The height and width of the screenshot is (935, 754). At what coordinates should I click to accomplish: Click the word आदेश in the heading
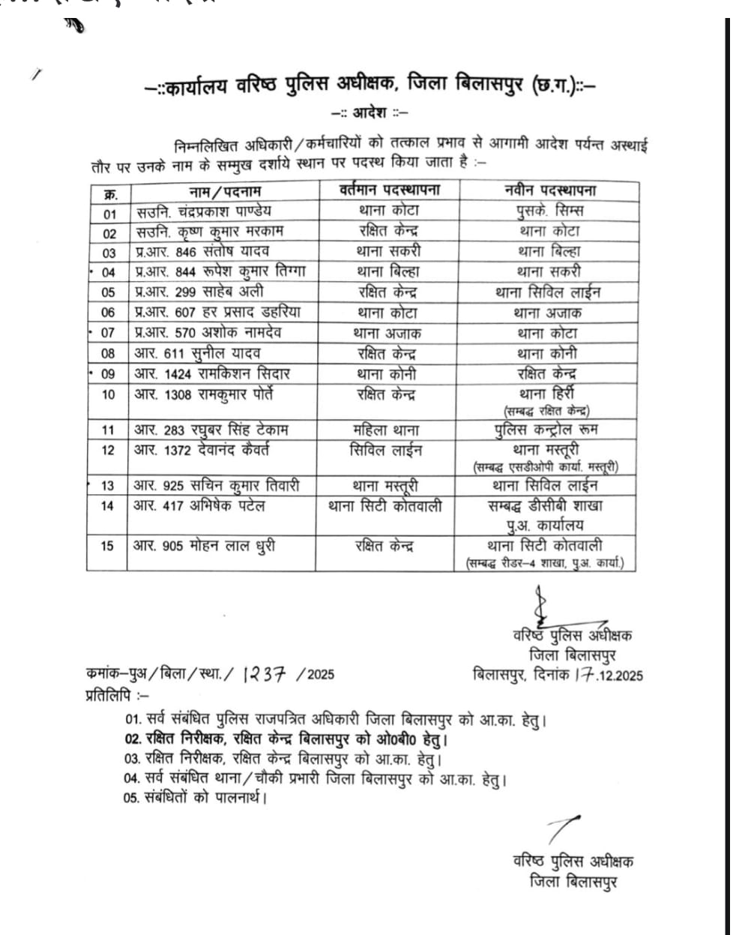[370, 113]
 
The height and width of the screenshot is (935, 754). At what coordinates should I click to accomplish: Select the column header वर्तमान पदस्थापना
[389, 190]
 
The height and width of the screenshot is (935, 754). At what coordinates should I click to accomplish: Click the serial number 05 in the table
[109, 292]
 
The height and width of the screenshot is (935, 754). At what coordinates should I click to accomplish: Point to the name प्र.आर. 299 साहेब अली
[199, 292]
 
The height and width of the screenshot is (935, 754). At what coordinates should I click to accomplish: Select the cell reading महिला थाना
[386, 430]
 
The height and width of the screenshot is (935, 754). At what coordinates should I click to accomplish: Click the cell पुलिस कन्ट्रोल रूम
[546, 430]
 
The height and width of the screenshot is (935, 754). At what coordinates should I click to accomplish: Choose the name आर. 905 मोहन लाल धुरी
[204, 546]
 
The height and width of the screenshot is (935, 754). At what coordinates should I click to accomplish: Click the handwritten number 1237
[265, 673]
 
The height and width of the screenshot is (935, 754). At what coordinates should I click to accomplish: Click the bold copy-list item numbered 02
[286, 739]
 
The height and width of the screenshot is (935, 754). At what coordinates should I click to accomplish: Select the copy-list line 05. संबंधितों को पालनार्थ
[196, 798]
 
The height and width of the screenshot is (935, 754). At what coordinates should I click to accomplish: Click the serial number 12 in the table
[108, 450]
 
